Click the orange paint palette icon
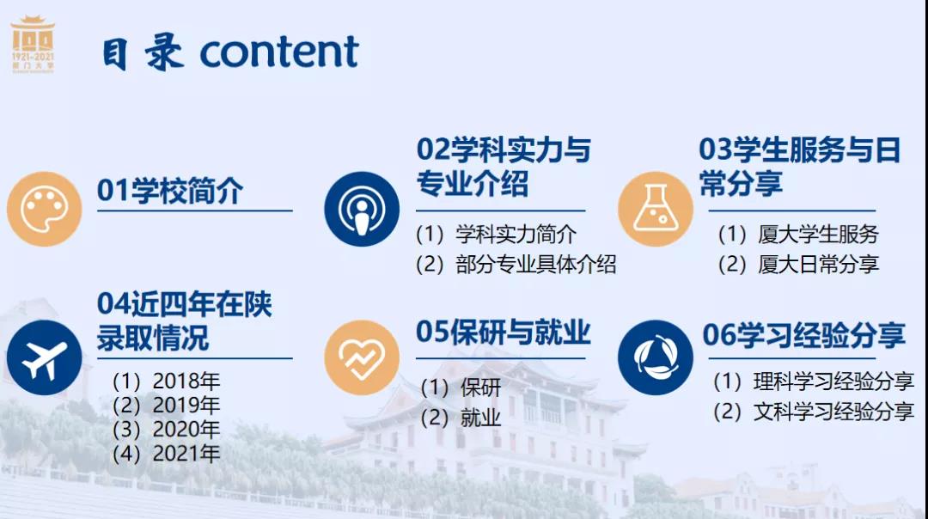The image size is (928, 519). pos(45,209)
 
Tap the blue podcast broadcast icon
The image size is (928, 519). pos(362,209)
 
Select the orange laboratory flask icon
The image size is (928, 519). pos(655,209)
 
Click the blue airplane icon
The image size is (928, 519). pos(45,357)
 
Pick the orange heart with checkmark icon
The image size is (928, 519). pos(362,357)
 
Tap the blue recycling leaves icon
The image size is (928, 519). pos(655,357)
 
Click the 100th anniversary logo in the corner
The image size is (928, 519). pos(34,45)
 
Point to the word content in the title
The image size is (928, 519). pos(279,52)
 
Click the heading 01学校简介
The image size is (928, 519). pos(170,191)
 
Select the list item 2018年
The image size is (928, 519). pos(186,382)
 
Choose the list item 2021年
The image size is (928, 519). pos(186,454)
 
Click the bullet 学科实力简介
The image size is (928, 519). pos(516,235)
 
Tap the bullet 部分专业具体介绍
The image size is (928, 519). pos(535,264)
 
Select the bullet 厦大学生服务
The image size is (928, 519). pos(818,235)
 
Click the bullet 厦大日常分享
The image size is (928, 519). pos(818,264)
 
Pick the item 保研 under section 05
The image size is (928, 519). pos(480,388)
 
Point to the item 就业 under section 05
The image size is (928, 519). pos(480,418)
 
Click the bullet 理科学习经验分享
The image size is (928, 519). pos(833,382)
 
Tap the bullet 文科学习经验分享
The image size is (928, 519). pos(833,412)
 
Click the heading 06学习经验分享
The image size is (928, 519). pos(803,335)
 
